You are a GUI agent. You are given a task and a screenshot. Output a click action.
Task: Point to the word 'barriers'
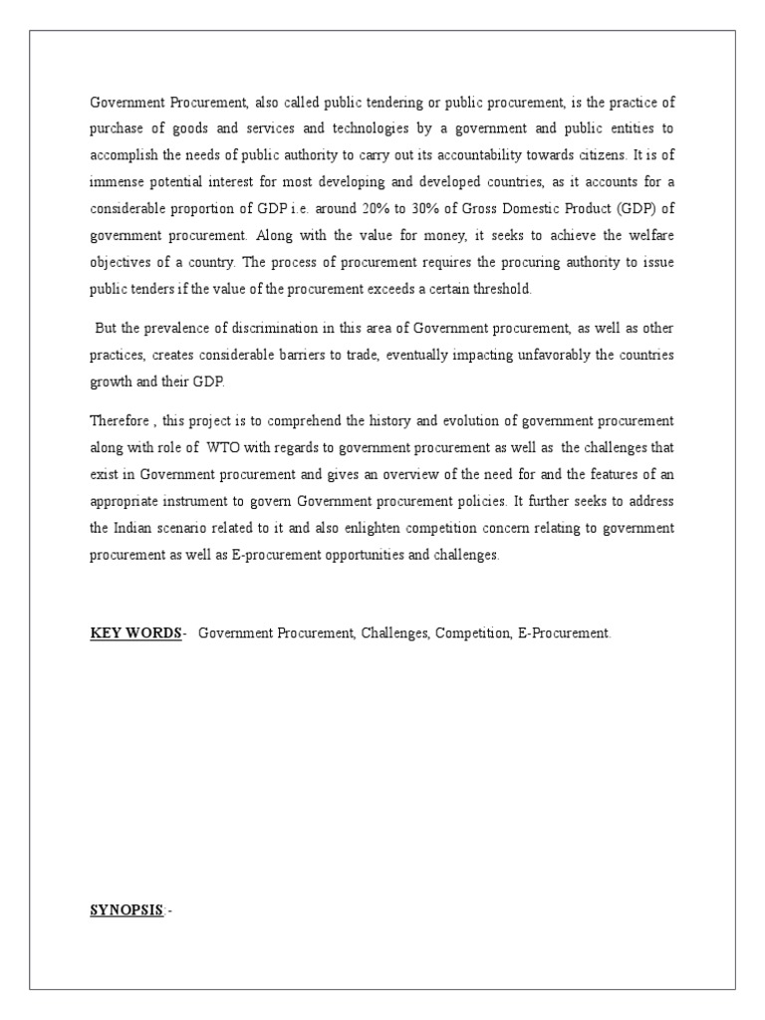(x=317, y=356)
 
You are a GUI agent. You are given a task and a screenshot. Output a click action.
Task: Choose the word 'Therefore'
(x=119, y=421)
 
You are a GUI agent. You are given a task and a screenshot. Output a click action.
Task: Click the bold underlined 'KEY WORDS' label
(x=135, y=634)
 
